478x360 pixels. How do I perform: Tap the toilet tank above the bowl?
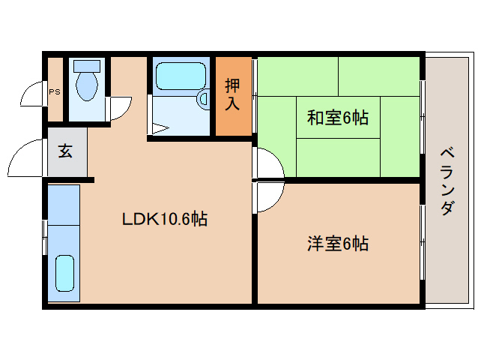coord(87,66)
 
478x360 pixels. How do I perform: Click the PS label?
coord(54,91)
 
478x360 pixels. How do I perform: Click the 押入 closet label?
coord(233,95)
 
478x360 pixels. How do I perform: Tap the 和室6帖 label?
coord(337,118)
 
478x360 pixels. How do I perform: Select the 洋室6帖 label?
coord(337,244)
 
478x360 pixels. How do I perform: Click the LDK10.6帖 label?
coord(165,220)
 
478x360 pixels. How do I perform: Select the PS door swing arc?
coord(34,95)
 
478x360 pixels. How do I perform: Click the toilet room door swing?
coord(120,109)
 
